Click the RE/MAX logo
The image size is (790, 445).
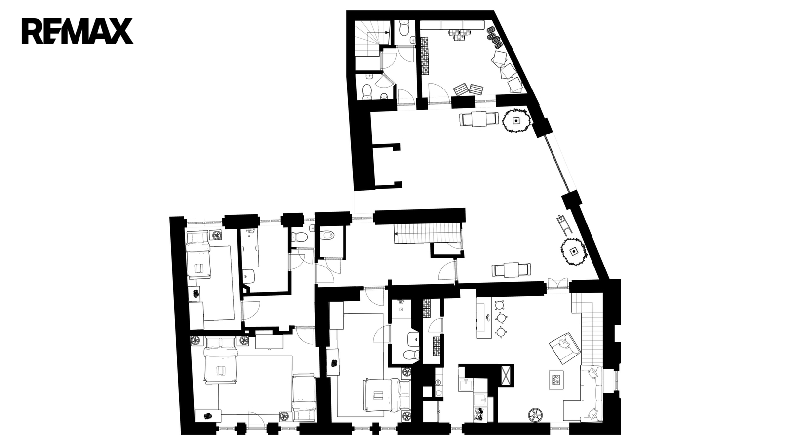tap(77, 31)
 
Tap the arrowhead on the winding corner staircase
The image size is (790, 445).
tap(387, 32)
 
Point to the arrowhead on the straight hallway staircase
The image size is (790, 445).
tap(396, 233)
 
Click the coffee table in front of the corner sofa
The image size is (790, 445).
tap(556, 380)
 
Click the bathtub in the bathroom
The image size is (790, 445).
tap(250, 248)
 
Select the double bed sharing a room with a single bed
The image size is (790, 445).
tap(220, 359)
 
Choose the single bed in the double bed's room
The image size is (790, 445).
tap(303, 398)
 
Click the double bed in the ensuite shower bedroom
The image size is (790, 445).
tap(387, 395)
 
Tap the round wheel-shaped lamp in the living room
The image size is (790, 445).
tap(535, 415)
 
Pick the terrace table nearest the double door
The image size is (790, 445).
tap(511, 270)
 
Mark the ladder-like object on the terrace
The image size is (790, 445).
tap(563, 224)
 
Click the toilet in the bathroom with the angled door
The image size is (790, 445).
tap(367, 91)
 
